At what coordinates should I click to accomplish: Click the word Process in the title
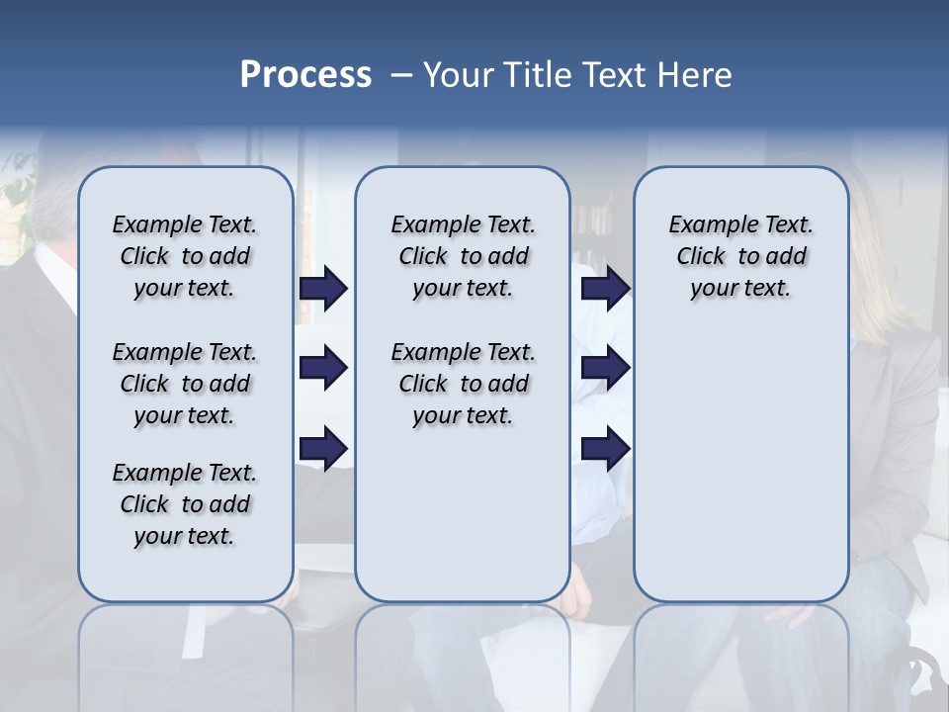[305, 75]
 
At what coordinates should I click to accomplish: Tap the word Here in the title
[696, 75]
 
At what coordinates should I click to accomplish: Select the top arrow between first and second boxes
[323, 288]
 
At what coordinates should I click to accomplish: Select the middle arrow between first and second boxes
[323, 368]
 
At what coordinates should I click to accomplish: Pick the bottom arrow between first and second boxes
[323, 447]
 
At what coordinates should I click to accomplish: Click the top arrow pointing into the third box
[605, 288]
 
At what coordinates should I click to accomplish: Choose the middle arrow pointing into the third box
[605, 368]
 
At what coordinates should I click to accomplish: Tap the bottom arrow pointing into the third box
[605, 447]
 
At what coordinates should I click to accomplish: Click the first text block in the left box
[185, 256]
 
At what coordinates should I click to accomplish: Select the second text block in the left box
[185, 384]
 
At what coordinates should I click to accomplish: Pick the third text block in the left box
[185, 504]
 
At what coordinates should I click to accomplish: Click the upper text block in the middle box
[463, 256]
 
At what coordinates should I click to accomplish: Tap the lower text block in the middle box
[463, 384]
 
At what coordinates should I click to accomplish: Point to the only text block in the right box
[740, 256]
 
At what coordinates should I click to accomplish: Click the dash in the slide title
[401, 76]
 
